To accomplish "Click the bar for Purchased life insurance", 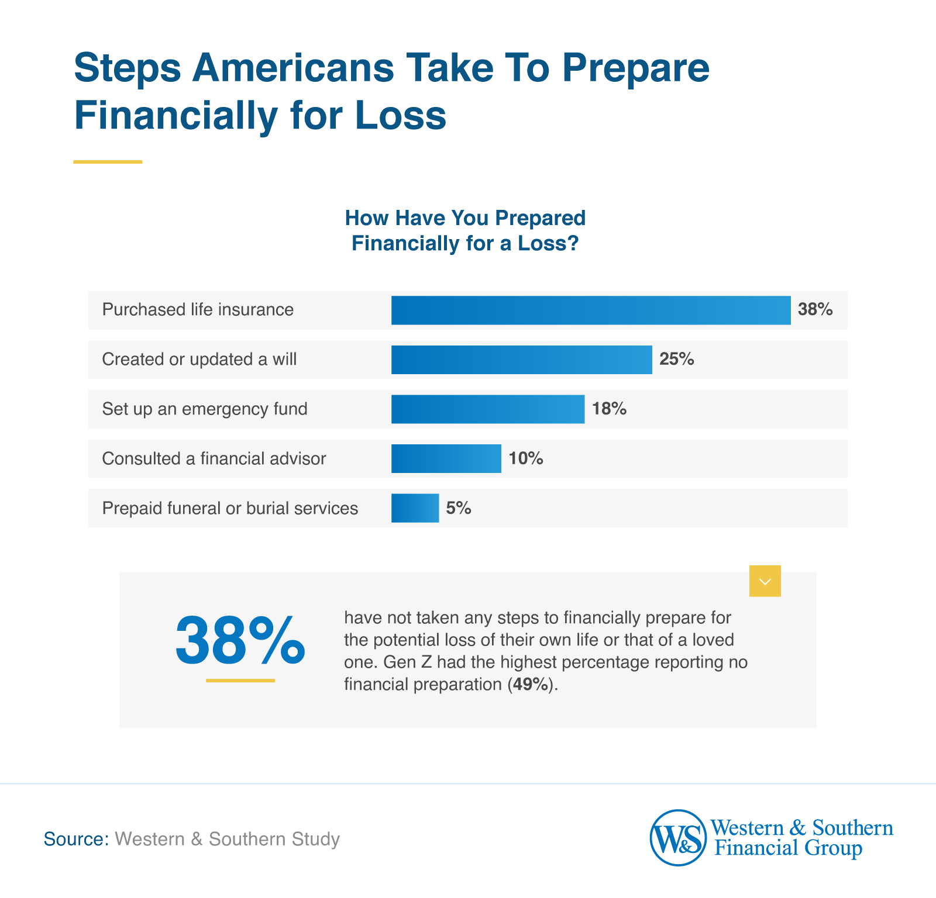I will [x=591, y=310].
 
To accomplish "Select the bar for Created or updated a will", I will [x=521, y=360].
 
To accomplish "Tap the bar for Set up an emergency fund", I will [x=487, y=409].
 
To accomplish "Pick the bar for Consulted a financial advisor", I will [x=446, y=458].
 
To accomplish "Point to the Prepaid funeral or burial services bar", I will [x=415, y=508].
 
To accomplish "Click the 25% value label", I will [x=676, y=360].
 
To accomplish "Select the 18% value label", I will [x=609, y=409].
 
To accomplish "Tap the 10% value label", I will [x=525, y=458].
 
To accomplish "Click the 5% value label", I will [x=458, y=508].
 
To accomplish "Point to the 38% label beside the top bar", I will [x=815, y=310].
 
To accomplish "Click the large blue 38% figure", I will [x=240, y=641].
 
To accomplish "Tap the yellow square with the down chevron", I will [x=765, y=581].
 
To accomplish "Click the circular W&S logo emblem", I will [x=678, y=838].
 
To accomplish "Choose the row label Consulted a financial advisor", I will [x=214, y=458].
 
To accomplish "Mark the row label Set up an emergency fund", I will [x=204, y=409].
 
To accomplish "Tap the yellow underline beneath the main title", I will [x=108, y=162].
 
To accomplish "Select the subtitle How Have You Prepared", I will [x=465, y=218].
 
